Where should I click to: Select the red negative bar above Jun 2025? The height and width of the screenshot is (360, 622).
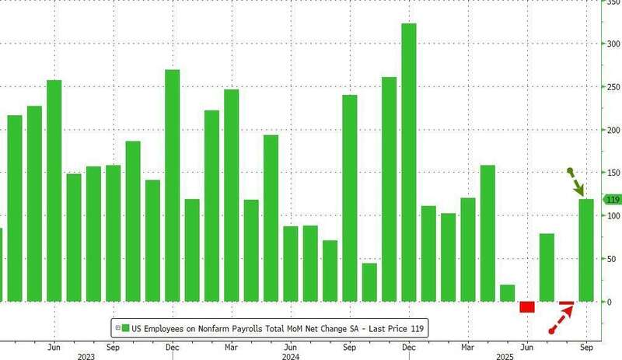pos(527,306)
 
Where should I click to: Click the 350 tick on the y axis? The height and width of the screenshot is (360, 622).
pos(613,2)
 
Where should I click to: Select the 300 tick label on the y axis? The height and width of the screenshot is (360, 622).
pos(613,44)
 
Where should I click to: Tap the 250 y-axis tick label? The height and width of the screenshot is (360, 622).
pos(613,87)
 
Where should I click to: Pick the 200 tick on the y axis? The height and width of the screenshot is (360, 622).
pos(613,130)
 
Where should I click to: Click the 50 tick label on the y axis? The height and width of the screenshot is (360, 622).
pos(613,258)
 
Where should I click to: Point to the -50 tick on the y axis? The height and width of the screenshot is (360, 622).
pos(613,344)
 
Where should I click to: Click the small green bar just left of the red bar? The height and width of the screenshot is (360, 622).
pos(507,293)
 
